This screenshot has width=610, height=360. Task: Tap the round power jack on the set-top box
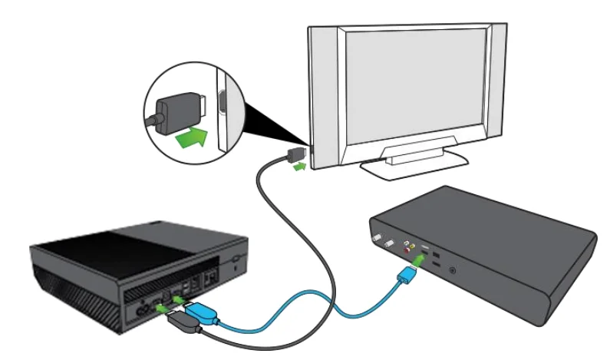click(453, 269)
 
